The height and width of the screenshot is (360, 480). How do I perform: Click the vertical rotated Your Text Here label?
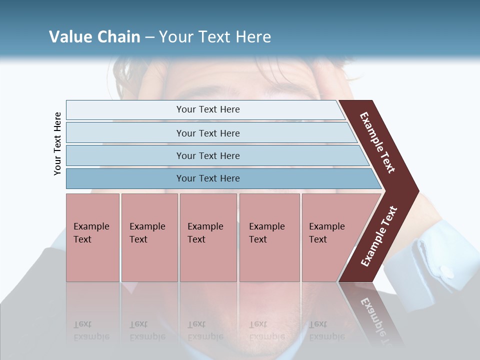point(57,143)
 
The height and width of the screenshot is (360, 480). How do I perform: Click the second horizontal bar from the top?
point(208,133)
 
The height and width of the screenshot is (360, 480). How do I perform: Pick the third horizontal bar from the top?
point(208,155)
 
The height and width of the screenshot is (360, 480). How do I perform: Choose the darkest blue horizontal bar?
point(208,178)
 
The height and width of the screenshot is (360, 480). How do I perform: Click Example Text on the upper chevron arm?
point(377,142)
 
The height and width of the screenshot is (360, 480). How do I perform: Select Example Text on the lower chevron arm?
point(379,236)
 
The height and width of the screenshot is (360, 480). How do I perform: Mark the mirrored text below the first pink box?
point(91,330)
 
